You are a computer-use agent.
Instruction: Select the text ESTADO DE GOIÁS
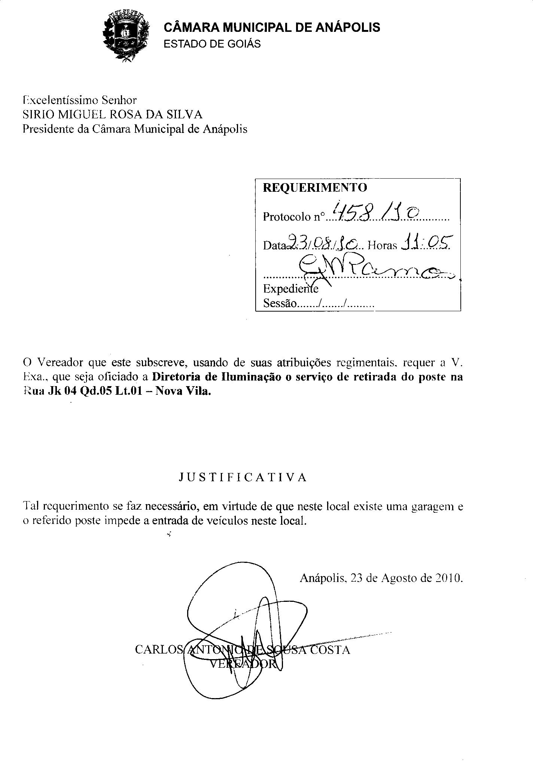coord(212,44)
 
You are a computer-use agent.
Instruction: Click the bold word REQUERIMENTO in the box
coord(315,187)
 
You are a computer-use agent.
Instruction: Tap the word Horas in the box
coord(382,245)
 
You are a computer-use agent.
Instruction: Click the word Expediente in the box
coord(290,289)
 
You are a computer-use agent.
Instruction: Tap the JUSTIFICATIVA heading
coord(243,477)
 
